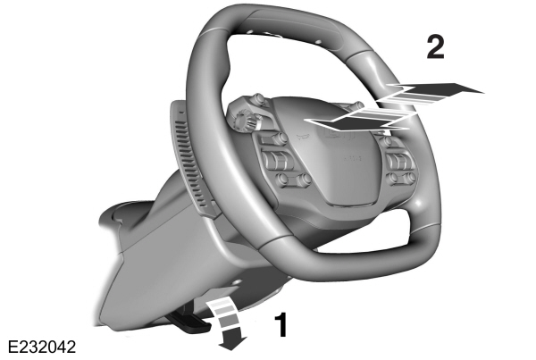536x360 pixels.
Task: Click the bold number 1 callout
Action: click(x=282, y=324)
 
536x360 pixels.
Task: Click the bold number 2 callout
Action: click(x=436, y=46)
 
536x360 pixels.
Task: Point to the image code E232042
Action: click(x=41, y=347)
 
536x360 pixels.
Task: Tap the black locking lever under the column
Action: click(x=189, y=322)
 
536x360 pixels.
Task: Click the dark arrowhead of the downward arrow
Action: click(x=233, y=343)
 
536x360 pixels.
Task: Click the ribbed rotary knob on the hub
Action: click(x=243, y=121)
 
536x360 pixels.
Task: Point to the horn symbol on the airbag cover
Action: click(x=304, y=138)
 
